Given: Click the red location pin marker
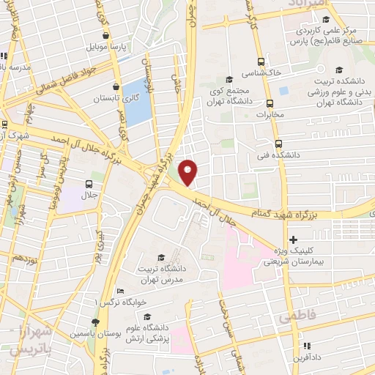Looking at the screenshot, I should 188,171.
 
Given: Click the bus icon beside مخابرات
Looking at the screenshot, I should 270,103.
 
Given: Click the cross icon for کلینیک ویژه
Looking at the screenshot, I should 293,240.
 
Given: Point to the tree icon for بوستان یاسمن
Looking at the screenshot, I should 94,322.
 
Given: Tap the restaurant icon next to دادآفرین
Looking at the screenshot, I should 307,345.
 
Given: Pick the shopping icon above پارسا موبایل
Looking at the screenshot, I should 107,35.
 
